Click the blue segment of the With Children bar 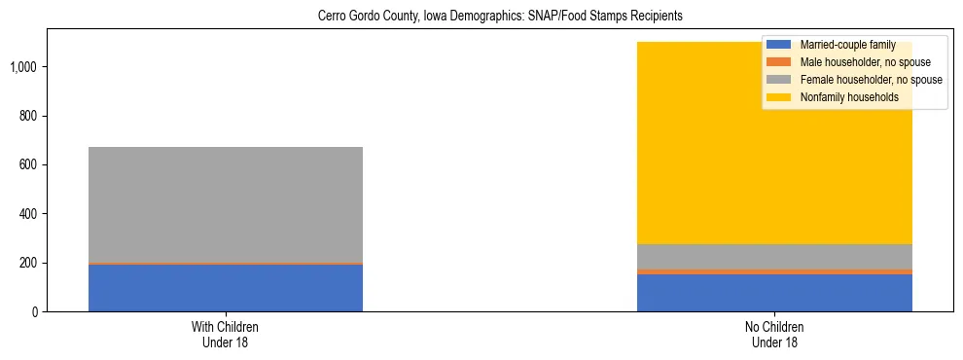pyautogui.click(x=226, y=288)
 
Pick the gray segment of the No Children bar pyautogui.click(x=774, y=256)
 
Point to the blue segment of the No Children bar pyautogui.click(x=774, y=293)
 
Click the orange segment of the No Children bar pyautogui.click(x=774, y=271)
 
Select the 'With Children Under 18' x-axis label pyautogui.click(x=226, y=335)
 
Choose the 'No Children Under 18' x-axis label pyautogui.click(x=774, y=335)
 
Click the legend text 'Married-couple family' pyautogui.click(x=846, y=45)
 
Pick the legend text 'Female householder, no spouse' pyautogui.click(x=870, y=80)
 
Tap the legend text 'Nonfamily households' pyautogui.click(x=847, y=97)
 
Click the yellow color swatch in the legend pyautogui.click(x=779, y=97)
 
